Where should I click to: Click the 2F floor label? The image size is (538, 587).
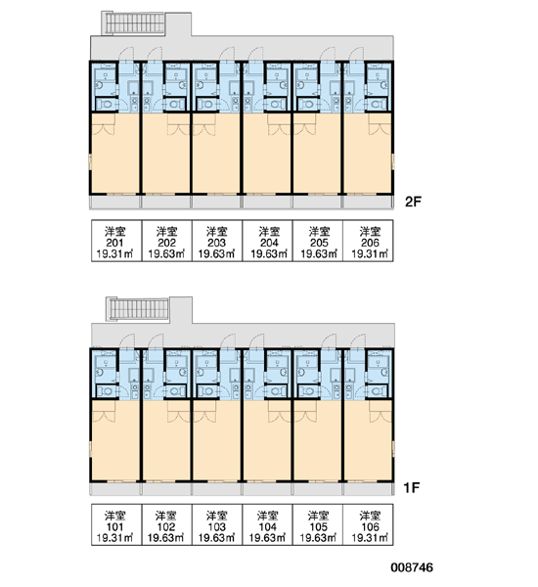pos(413,202)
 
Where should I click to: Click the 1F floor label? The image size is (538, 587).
pos(412,487)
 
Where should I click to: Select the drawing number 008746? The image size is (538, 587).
pos(412,567)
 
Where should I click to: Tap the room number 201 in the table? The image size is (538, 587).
pos(114,243)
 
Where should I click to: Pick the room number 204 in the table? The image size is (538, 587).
pos(269,243)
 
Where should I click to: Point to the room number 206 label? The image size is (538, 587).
pos(370,243)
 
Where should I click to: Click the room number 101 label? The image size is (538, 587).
pos(114,526)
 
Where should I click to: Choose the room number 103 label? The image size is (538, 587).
pos(217,526)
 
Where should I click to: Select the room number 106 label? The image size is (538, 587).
pos(370,526)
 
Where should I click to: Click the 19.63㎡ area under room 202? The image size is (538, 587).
pos(166,253)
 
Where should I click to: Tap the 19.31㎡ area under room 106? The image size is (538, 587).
pos(370,538)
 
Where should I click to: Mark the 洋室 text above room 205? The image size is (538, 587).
pos(319,232)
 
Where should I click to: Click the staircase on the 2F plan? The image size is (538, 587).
pos(135,23)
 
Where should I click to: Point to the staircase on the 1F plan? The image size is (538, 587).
pos(138,309)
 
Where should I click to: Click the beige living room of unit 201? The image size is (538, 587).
pos(115,154)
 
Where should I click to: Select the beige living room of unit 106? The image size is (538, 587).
pos(368,440)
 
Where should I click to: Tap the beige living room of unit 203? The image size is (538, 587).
pos(216,154)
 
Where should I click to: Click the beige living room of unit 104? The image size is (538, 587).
pos(267,440)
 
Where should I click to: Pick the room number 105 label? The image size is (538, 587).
pos(319,526)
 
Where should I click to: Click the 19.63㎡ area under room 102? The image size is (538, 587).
pos(166,538)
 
